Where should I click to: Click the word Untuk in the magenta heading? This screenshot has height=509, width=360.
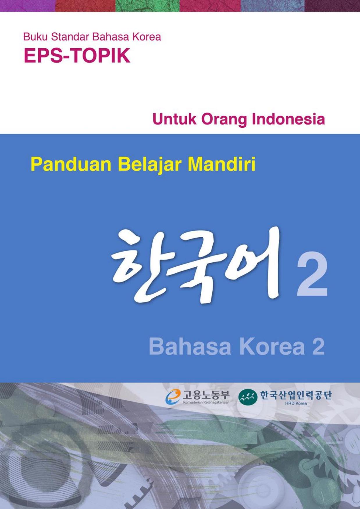174,119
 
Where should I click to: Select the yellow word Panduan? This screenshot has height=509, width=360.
71,164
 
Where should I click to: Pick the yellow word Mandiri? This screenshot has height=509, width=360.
222,164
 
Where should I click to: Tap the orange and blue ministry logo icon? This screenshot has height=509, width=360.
173,397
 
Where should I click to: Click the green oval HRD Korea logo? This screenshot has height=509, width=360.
248,398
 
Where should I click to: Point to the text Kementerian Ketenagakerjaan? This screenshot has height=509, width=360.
206,403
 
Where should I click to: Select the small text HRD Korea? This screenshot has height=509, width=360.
296,403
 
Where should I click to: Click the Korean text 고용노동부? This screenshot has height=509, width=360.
206,395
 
